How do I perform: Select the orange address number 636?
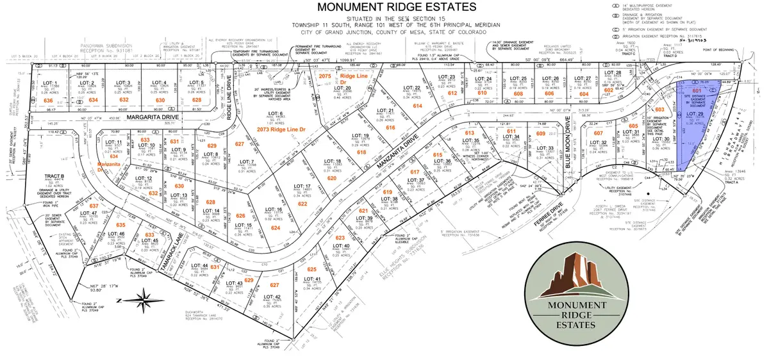point(47,101)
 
